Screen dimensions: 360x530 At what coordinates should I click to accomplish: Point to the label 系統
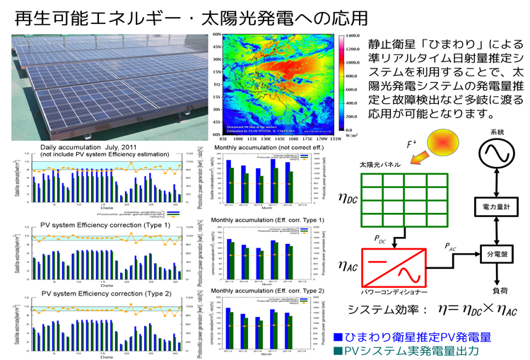[497, 132]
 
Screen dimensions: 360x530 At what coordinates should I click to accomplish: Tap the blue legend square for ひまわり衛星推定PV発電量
[338, 337]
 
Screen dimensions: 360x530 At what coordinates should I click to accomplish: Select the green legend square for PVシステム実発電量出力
[338, 351]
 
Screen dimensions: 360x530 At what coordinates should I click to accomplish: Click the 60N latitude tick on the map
[217, 34]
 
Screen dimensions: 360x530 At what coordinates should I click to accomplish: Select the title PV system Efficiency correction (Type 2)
[96, 292]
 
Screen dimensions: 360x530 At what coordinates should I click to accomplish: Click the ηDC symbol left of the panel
[348, 200]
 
